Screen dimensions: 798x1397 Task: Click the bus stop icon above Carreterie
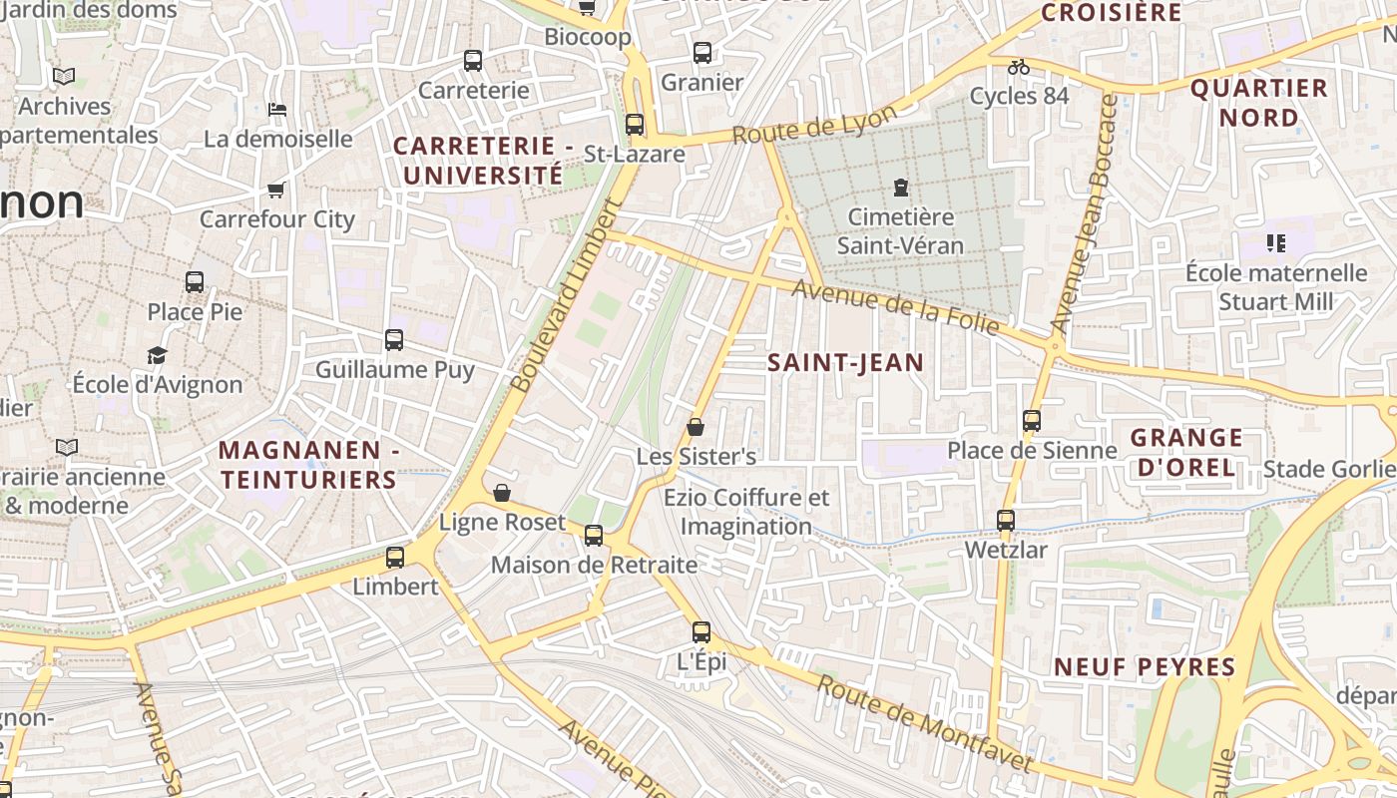coord(473,61)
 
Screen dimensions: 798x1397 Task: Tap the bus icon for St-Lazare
coord(634,125)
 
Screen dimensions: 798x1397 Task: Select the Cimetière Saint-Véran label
coord(900,230)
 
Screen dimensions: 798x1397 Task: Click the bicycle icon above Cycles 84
coord(1018,67)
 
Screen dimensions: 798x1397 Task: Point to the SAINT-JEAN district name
coord(845,363)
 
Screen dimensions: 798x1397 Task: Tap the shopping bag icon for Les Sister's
coord(696,427)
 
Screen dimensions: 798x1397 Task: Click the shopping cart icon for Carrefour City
coord(275,190)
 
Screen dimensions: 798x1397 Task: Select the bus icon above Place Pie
coord(195,282)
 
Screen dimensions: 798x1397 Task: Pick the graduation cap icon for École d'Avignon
coord(157,355)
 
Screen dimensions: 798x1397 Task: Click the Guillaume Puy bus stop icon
coord(394,340)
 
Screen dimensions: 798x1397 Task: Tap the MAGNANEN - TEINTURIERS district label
coord(308,465)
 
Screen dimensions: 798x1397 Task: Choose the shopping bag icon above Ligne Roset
coord(502,493)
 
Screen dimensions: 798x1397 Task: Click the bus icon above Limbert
coord(395,558)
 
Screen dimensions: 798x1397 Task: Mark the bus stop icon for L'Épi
coord(701,631)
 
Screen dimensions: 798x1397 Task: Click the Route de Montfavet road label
coord(924,723)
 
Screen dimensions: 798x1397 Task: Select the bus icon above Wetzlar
coord(1006,521)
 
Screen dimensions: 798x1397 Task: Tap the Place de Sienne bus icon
coord(1032,421)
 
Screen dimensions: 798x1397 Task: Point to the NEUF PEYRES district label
coord(1145,666)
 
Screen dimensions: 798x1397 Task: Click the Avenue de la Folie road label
coord(896,307)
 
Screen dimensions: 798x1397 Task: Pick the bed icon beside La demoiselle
coord(277,109)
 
